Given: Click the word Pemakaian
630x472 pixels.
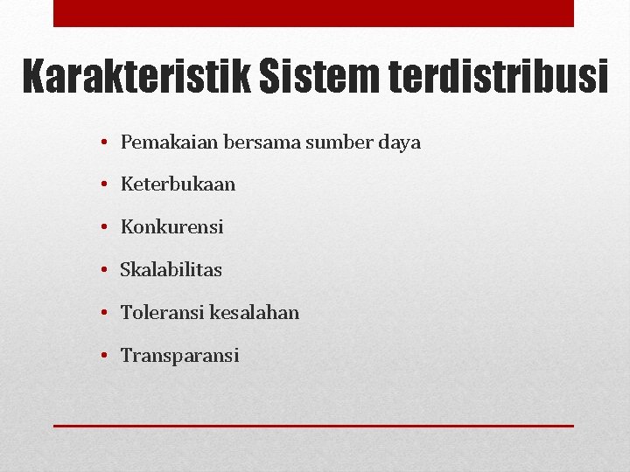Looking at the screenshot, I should coord(163,142).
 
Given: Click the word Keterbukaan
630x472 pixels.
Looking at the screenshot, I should coord(178,184).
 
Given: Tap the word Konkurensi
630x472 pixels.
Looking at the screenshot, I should coord(171,227).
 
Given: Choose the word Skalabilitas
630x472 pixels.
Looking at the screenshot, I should coord(171,270).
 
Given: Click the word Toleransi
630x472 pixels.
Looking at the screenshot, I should coord(162,312).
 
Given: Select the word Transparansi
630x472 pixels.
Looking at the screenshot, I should coord(179,356).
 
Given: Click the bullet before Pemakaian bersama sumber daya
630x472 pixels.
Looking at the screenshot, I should coord(103,142).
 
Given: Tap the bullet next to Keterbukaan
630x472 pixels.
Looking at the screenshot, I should coord(103,185).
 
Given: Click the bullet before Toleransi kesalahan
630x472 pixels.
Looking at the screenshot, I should coord(103,313).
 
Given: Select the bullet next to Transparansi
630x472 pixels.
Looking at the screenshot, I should coord(103,356).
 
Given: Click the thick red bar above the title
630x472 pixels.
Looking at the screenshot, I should coord(313,13).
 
